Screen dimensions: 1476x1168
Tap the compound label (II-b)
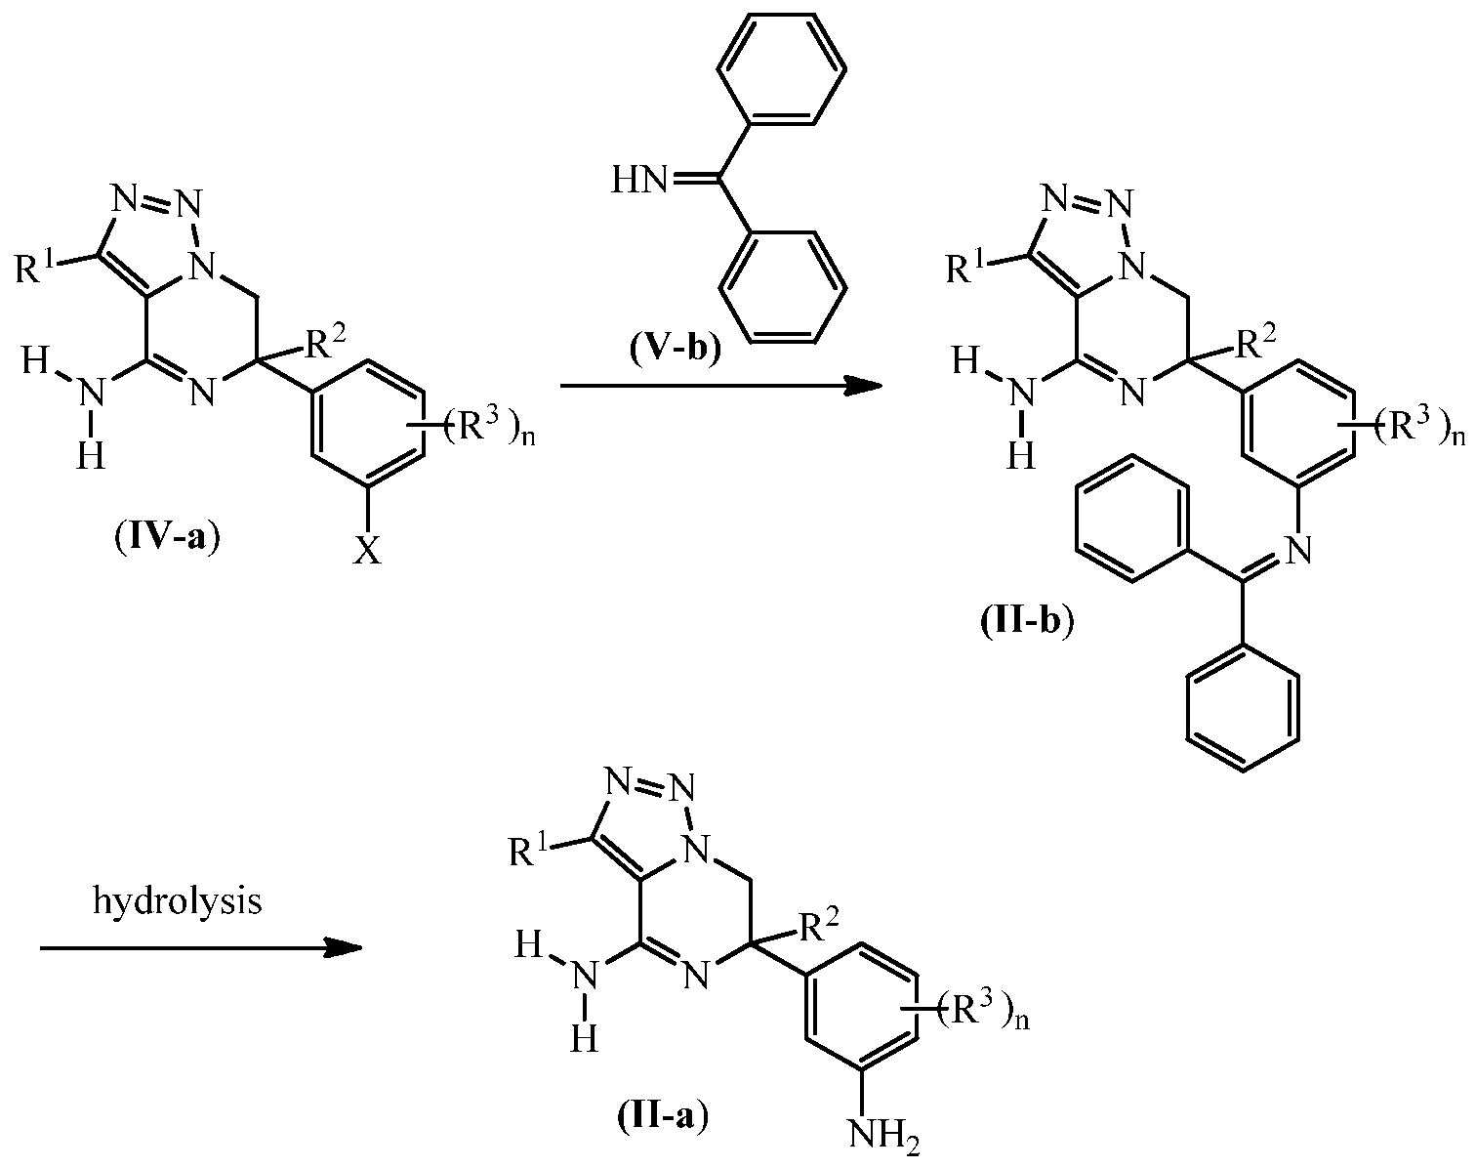[x=1027, y=621]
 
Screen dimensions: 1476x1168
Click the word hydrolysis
[x=177, y=900]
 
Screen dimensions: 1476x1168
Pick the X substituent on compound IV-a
[x=367, y=550]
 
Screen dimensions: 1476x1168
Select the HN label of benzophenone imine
[x=638, y=182]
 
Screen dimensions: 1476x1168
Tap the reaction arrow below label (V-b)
[x=721, y=386]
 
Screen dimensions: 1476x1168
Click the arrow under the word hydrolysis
[x=201, y=947]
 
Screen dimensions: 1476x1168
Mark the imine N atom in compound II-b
[x=1297, y=549]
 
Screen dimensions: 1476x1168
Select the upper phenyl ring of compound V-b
[x=781, y=68]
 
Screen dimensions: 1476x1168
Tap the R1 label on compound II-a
[x=532, y=852]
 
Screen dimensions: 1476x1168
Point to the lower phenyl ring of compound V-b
[x=781, y=286]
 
